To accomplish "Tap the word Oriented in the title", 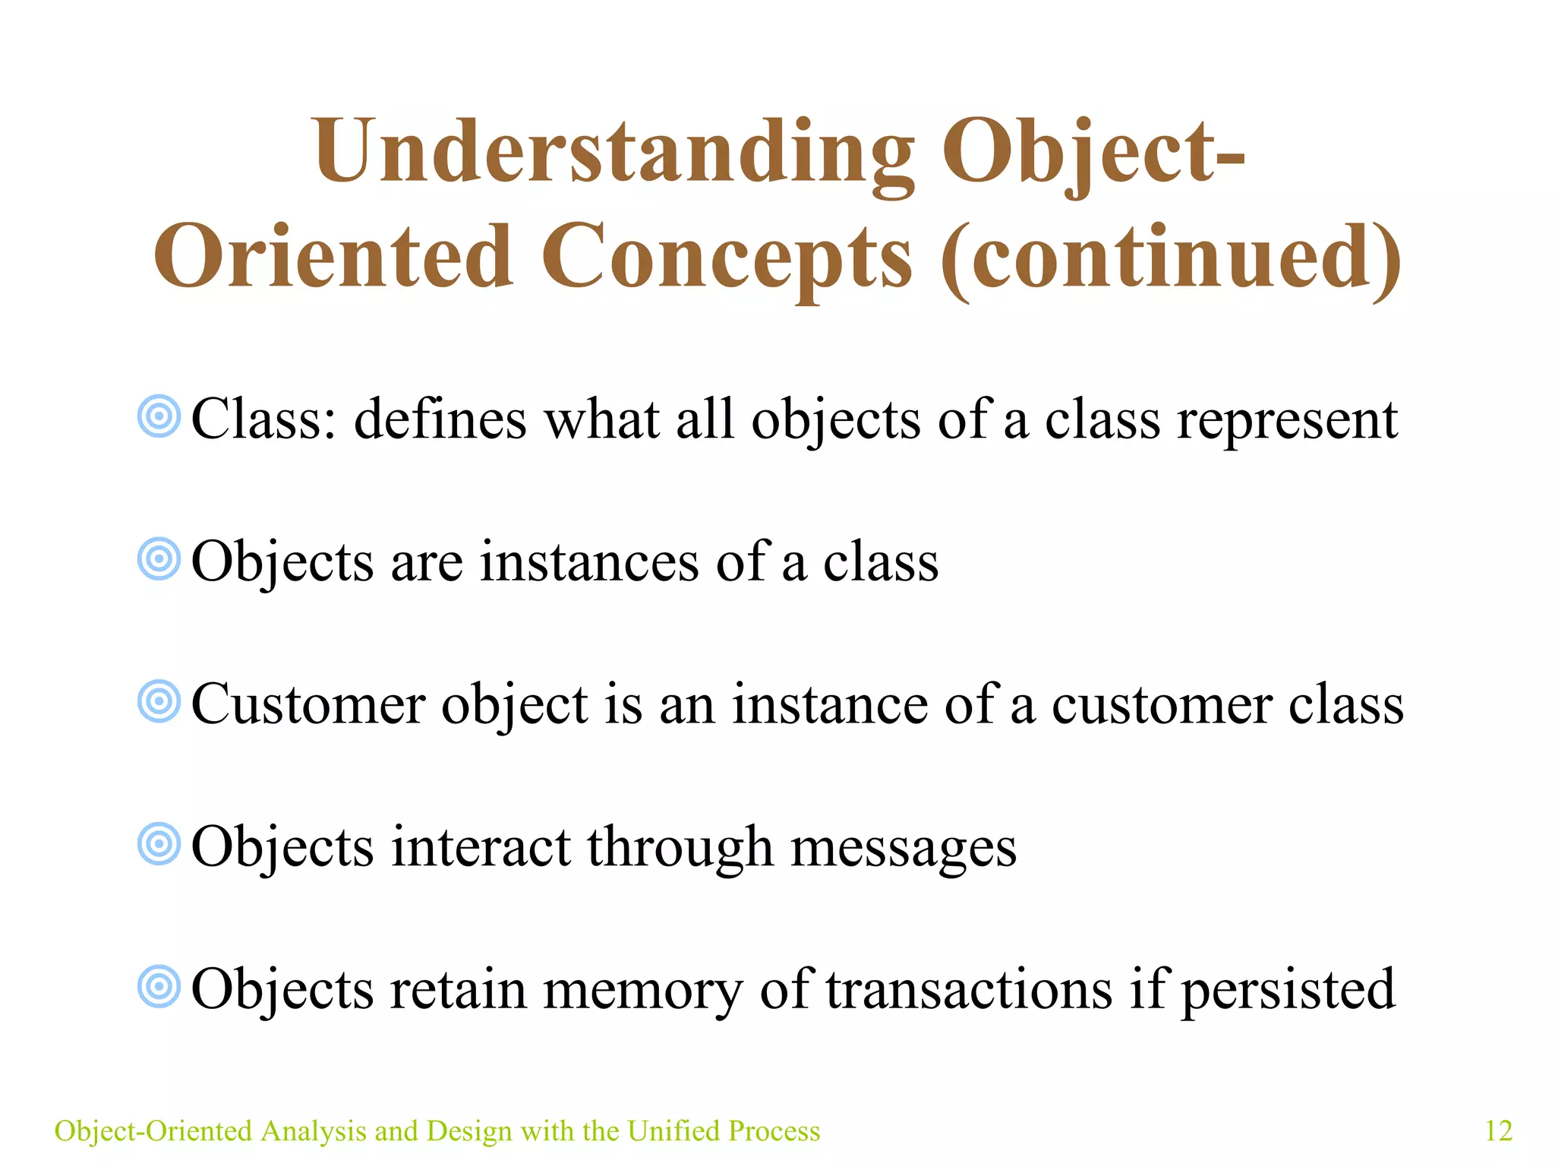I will [334, 257].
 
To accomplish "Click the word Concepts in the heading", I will [727, 258].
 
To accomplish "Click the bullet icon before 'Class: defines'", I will [159, 416].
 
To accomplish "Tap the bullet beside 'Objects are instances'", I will [159, 560].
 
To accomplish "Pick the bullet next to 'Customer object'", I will [159, 701].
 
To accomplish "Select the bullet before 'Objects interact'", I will [159, 844].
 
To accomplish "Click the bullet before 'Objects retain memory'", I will [159, 987].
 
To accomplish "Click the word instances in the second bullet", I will [588, 562].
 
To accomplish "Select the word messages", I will [904, 848].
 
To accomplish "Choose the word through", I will [680, 848].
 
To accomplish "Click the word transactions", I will [968, 990].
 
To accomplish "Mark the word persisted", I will [1288, 990].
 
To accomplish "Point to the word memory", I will [642, 990].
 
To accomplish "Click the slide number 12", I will [1498, 1131].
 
